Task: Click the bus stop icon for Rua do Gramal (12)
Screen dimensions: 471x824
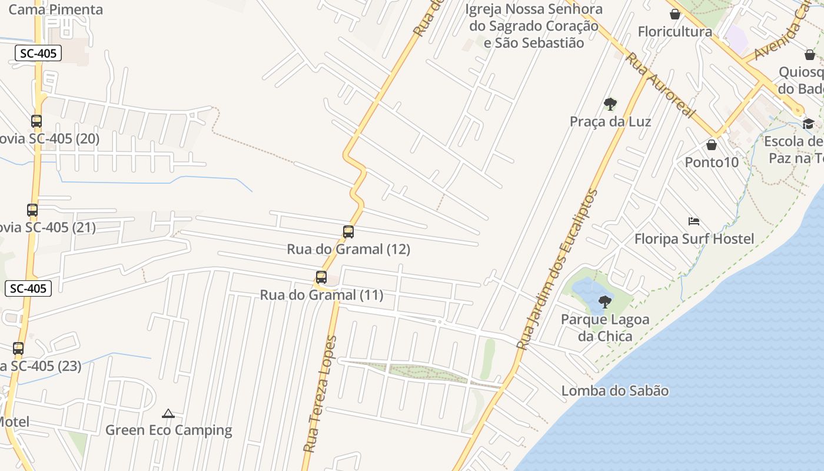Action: pyautogui.click(x=348, y=232)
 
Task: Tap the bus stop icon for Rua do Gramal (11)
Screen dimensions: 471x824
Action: pyautogui.click(x=321, y=277)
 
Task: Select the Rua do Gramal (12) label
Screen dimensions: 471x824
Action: pyautogui.click(x=348, y=249)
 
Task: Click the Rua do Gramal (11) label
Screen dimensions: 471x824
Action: pyautogui.click(x=321, y=295)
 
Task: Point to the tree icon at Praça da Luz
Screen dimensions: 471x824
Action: pyautogui.click(x=610, y=105)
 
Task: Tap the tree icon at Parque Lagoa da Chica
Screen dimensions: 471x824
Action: pyautogui.click(x=604, y=303)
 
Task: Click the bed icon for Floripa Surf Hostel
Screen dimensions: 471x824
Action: pyautogui.click(x=694, y=222)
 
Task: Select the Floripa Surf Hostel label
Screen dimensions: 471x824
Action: pyautogui.click(x=694, y=239)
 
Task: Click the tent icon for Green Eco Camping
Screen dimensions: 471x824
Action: pyautogui.click(x=168, y=413)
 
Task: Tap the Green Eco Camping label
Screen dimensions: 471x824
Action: pyautogui.click(x=168, y=430)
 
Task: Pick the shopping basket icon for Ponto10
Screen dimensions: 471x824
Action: pyautogui.click(x=712, y=145)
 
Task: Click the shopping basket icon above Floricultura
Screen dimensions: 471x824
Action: pyautogui.click(x=675, y=14)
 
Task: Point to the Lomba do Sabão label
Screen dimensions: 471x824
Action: pyautogui.click(x=614, y=391)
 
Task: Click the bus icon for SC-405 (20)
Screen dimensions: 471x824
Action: pyautogui.click(x=36, y=121)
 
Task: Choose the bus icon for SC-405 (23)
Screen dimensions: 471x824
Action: pyautogui.click(x=18, y=349)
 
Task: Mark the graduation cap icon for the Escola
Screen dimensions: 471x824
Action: pyautogui.click(x=808, y=124)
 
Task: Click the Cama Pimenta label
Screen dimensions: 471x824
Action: pyautogui.click(x=56, y=9)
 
